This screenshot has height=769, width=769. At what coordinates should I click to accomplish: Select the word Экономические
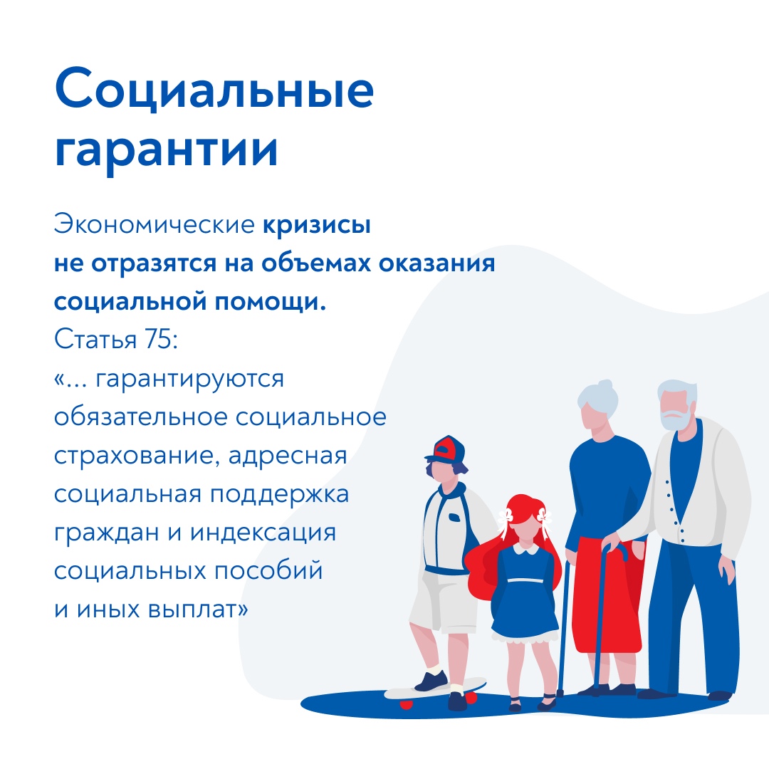(x=154, y=224)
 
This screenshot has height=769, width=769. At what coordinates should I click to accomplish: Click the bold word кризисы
(x=317, y=226)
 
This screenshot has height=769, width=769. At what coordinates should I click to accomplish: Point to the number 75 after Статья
(x=157, y=338)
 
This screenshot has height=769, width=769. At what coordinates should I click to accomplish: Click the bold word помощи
(x=271, y=302)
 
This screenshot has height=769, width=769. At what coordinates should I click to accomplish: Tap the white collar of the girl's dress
(x=525, y=549)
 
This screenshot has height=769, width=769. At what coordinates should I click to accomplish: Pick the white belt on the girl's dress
(x=525, y=581)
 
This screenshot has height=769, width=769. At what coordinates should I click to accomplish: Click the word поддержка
(x=280, y=495)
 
